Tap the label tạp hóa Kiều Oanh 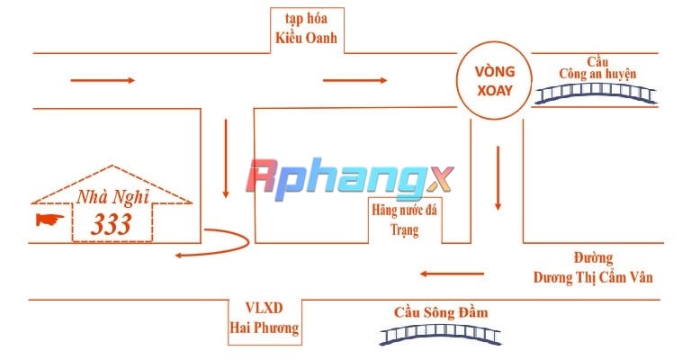(306, 28)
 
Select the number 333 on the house (112, 224)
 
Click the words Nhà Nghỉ (113, 197)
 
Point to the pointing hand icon (49, 220)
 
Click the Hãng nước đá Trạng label (405, 220)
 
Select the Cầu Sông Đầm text (441, 312)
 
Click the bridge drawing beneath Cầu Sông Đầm (440, 335)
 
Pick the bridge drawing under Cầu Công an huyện (596, 94)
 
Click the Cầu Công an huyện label (597, 67)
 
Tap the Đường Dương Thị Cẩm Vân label (593, 268)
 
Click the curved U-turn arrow (247, 241)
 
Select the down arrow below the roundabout (498, 178)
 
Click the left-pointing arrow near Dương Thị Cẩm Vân (452, 274)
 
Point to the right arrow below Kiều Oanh (354, 80)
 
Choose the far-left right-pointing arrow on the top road (103, 80)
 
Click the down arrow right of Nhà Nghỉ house (226, 158)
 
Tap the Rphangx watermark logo (350, 180)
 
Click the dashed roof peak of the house (112, 166)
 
